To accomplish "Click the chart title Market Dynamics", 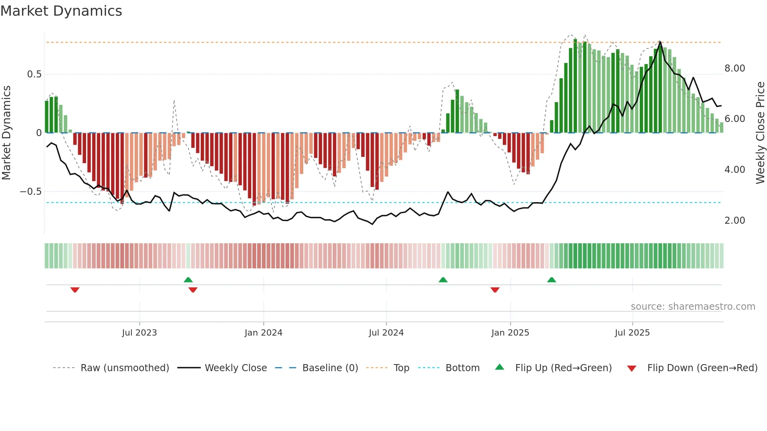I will pyautogui.click(x=61, y=11).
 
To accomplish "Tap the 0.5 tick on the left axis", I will pyautogui.click(x=34, y=74).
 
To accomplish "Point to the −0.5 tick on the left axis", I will pyautogui.click(x=31, y=192).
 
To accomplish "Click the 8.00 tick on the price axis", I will pyautogui.click(x=735, y=68).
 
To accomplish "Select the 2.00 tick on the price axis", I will pyautogui.click(x=735, y=221).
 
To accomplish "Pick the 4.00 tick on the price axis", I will pyautogui.click(x=735, y=170).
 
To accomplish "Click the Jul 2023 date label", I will pyautogui.click(x=139, y=333).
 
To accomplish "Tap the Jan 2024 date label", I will pyautogui.click(x=263, y=333).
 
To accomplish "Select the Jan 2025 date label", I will pyautogui.click(x=510, y=333).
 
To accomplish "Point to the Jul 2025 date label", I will pyautogui.click(x=632, y=333).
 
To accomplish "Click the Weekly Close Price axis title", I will pyautogui.click(x=760, y=133).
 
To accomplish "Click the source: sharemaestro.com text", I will pyautogui.click(x=693, y=307).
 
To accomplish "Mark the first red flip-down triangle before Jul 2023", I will pyautogui.click(x=75, y=290).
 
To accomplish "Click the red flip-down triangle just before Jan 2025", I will pyautogui.click(x=495, y=290).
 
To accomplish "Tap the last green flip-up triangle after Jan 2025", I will pyautogui.click(x=552, y=280).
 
